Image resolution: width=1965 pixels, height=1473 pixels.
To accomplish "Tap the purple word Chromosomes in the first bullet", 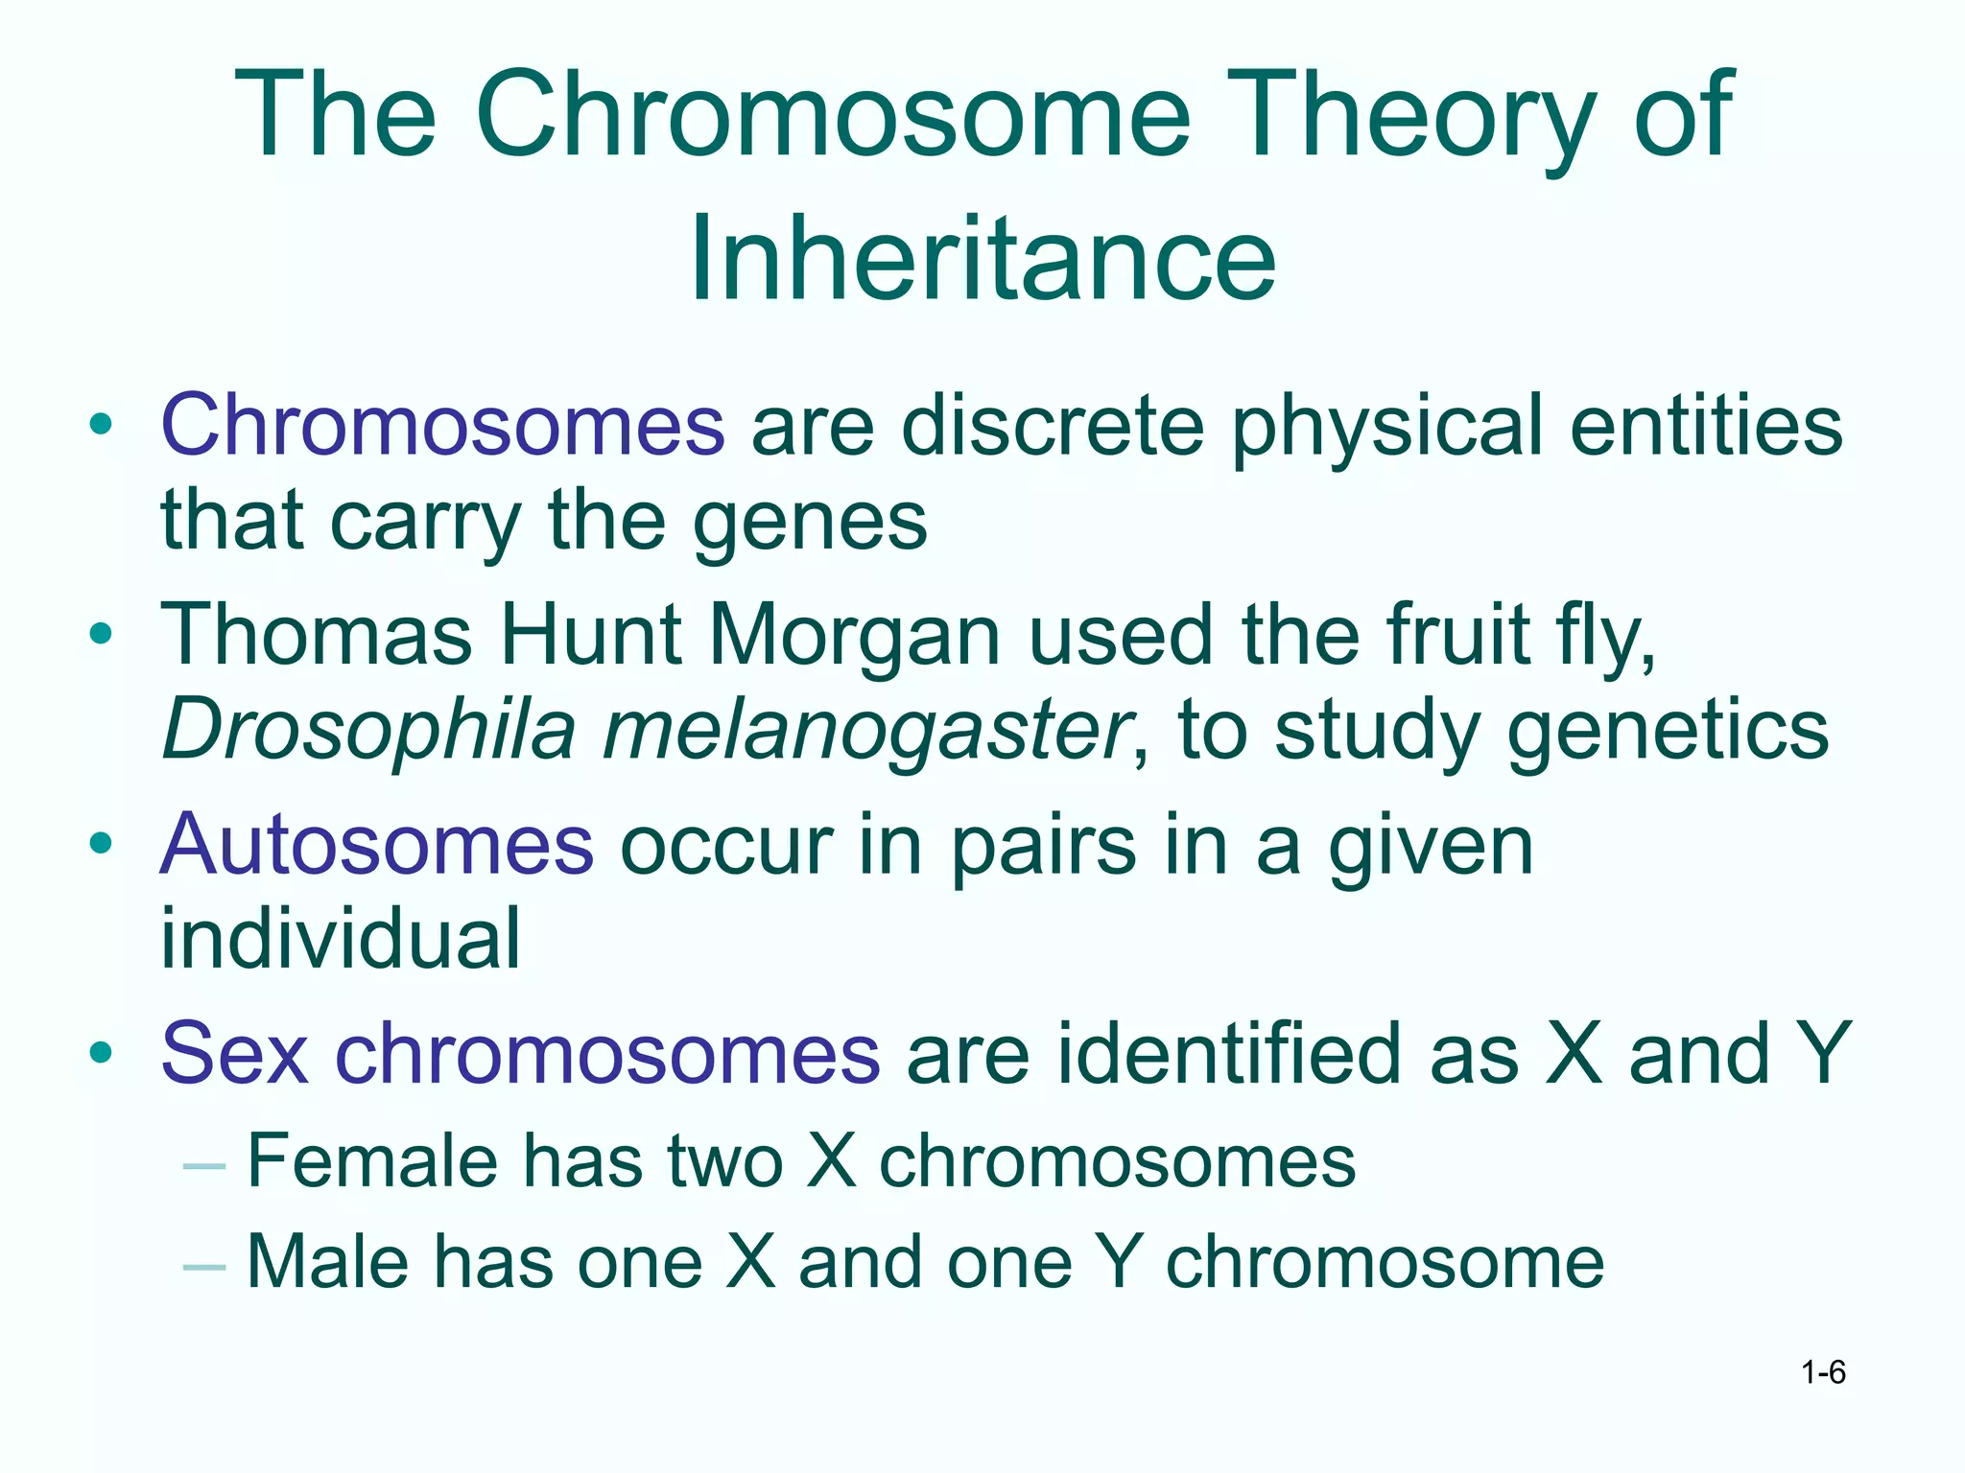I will point(442,425).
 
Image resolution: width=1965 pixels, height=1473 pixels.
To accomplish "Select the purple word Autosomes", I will point(377,845).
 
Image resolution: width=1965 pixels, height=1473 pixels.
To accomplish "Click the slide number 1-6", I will point(1823,1372).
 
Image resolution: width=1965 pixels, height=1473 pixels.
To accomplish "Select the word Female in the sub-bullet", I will point(372,1161).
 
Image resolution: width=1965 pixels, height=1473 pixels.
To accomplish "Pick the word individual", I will point(341,939).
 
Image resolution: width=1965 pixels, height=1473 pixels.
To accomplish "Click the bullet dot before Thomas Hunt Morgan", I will point(101,634).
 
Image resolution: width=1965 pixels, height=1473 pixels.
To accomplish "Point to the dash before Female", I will point(203,1165).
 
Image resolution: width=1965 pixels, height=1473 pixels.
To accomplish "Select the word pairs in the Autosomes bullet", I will point(1043,845).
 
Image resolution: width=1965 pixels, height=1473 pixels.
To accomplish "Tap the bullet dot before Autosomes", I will point(101,844).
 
